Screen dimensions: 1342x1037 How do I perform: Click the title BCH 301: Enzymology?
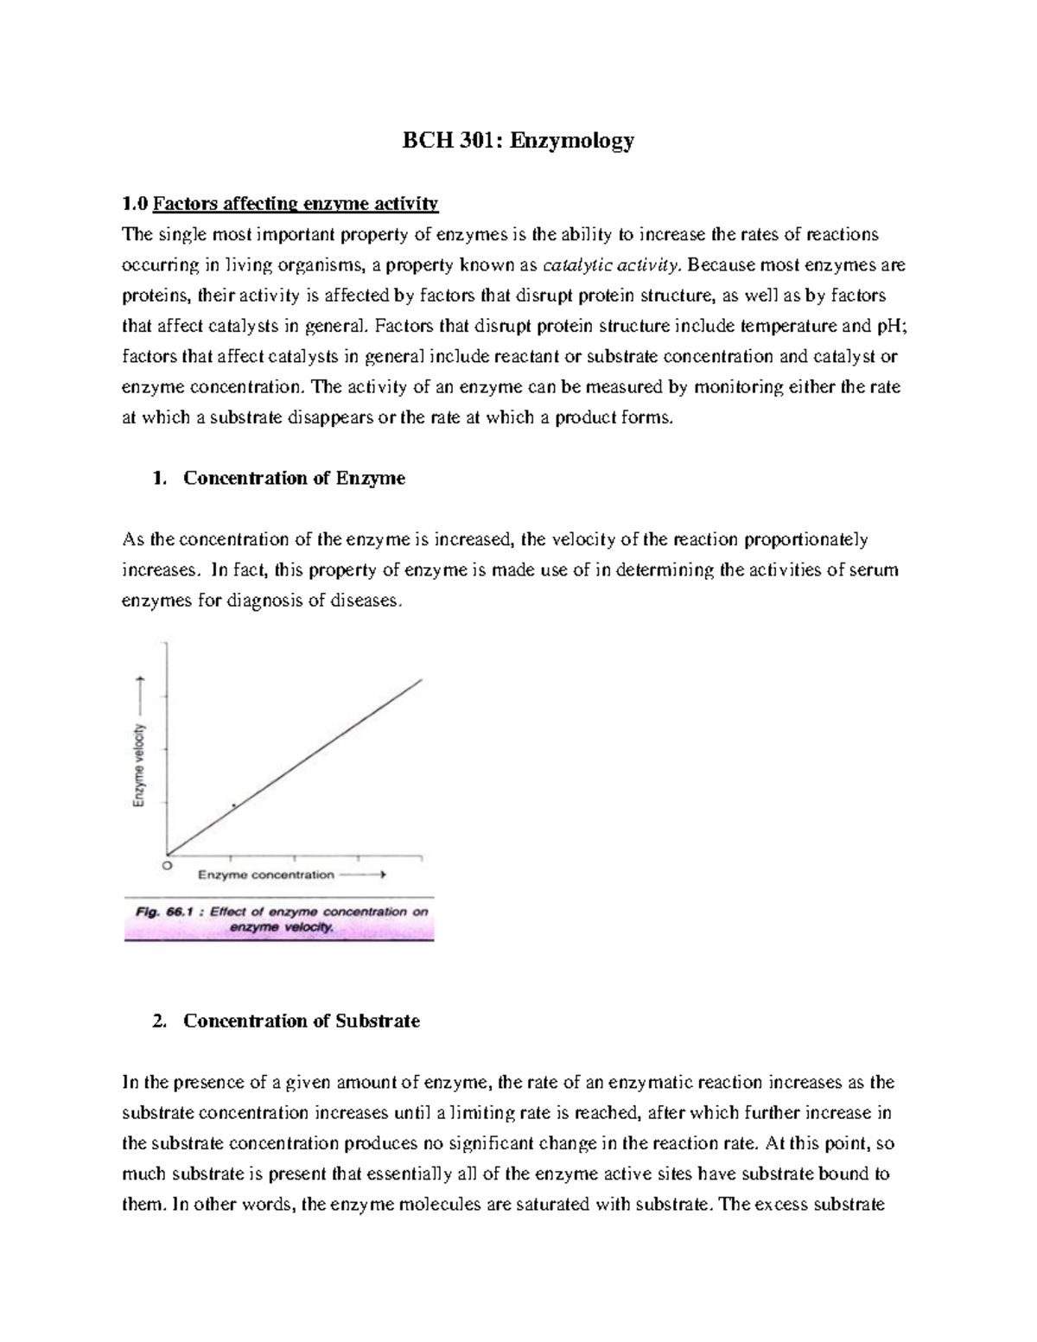tap(518, 140)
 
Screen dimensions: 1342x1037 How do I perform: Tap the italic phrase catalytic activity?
tap(604, 265)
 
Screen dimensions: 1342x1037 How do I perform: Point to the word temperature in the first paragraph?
tap(788, 326)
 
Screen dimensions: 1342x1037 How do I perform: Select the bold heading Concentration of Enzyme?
tap(294, 478)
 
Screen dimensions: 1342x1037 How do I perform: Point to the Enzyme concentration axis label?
tap(266, 875)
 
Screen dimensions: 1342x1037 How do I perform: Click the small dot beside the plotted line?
tap(233, 805)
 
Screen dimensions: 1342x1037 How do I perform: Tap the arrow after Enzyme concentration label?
tap(363, 875)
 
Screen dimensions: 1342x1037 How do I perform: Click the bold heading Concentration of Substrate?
tap(301, 1021)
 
